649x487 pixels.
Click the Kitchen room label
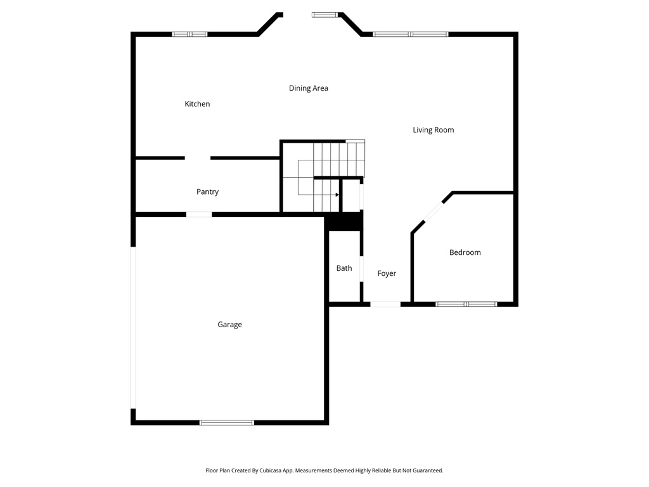coord(197,104)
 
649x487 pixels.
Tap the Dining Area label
coord(309,88)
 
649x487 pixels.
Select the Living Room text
coord(434,130)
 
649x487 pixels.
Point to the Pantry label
coord(207,192)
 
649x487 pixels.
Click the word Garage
coord(229,325)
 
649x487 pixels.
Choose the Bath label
coord(344,268)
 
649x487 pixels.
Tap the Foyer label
coord(387,274)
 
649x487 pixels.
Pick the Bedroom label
coord(465,252)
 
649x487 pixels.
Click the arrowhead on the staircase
coord(337,195)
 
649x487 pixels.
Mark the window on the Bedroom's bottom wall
coord(466,304)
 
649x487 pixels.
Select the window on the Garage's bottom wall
coord(227,423)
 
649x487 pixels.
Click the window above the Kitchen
coord(190,34)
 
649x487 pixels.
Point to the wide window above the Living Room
coord(410,34)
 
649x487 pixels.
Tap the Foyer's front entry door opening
coord(385,304)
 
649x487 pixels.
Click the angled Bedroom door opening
coord(434,212)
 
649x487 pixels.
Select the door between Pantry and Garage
coord(199,214)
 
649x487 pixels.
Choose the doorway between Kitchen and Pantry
coord(198,158)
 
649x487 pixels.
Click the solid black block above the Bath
coord(344,221)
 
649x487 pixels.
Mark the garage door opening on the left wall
coord(133,328)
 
